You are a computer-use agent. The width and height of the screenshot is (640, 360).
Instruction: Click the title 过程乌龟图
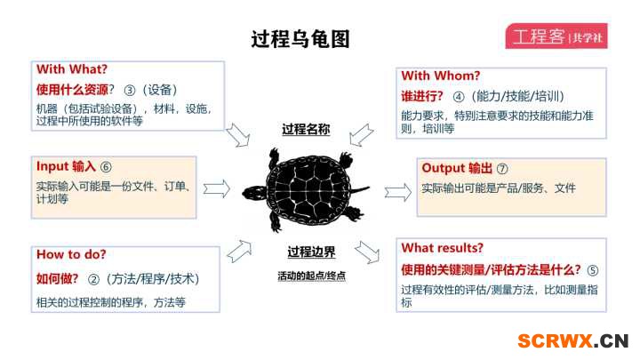[x=300, y=39]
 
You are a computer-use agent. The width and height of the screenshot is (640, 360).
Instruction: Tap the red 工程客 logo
[x=556, y=36]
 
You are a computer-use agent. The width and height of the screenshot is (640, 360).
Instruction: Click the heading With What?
[x=72, y=69]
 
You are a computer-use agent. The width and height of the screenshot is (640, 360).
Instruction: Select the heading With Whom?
[x=440, y=76]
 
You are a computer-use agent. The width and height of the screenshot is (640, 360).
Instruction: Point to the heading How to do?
[x=71, y=254]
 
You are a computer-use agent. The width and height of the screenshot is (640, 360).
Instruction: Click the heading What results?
[x=442, y=248]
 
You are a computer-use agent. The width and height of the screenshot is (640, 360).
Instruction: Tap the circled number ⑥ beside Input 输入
[x=106, y=167]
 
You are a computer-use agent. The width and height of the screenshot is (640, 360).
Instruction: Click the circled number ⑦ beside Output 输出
[x=502, y=169]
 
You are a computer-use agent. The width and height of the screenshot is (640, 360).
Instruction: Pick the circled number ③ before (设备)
[x=130, y=90]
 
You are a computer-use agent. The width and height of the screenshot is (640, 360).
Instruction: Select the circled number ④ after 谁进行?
[x=459, y=97]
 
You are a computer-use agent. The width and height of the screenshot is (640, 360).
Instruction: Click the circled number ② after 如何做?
[x=93, y=279]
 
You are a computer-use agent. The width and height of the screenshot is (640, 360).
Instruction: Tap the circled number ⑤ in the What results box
[x=592, y=270]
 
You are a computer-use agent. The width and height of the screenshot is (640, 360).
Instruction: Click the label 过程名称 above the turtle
[x=306, y=130]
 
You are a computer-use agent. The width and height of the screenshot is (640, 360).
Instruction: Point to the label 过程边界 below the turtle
[x=311, y=252]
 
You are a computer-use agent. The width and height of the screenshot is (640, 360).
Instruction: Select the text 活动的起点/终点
[x=311, y=276]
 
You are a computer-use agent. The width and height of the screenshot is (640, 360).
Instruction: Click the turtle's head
[x=253, y=193]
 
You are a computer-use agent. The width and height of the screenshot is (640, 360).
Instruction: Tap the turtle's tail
[x=360, y=190]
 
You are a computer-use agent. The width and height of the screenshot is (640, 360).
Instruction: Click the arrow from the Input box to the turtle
[x=217, y=188]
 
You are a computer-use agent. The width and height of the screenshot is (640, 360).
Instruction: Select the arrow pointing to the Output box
[x=398, y=192]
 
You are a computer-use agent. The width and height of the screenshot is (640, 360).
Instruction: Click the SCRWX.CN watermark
[x=572, y=340]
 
